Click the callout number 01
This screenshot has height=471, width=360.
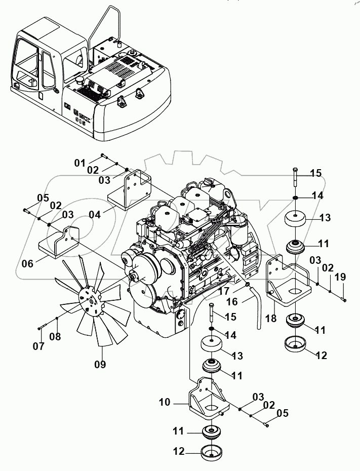(80, 163)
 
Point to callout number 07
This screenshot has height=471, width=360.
(39, 346)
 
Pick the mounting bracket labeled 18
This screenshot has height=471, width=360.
(284, 282)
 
